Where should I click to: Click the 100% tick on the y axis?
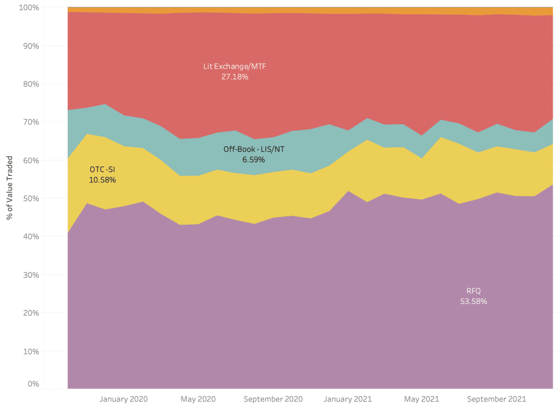click(x=29, y=8)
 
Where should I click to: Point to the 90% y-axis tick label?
click(x=31, y=46)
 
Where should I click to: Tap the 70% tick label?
click(x=31, y=122)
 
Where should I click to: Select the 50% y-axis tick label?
click(x=31, y=198)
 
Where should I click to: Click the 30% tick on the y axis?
click(x=31, y=274)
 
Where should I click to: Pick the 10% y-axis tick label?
click(x=31, y=350)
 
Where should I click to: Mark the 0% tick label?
click(x=33, y=384)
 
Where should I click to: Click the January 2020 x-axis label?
click(x=123, y=399)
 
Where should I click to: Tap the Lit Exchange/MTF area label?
click(x=235, y=67)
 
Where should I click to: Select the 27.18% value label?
click(x=235, y=77)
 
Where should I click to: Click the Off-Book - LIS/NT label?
click(x=254, y=149)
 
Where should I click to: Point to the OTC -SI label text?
click(x=102, y=169)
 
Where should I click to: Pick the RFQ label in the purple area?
click(x=474, y=290)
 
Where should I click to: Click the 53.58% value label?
click(x=474, y=301)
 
